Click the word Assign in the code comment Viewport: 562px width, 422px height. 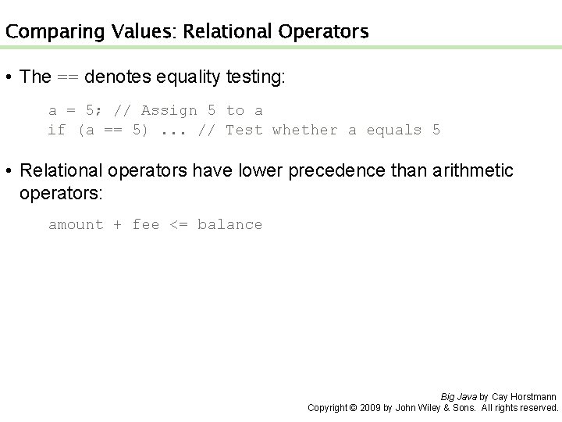click(165, 110)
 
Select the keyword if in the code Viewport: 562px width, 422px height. click(57, 130)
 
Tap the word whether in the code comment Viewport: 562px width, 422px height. click(304, 130)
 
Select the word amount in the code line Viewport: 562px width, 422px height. click(76, 224)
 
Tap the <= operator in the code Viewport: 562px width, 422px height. click(178, 224)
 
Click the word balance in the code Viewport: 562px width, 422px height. click(229, 224)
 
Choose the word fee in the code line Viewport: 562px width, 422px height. click(145, 224)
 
